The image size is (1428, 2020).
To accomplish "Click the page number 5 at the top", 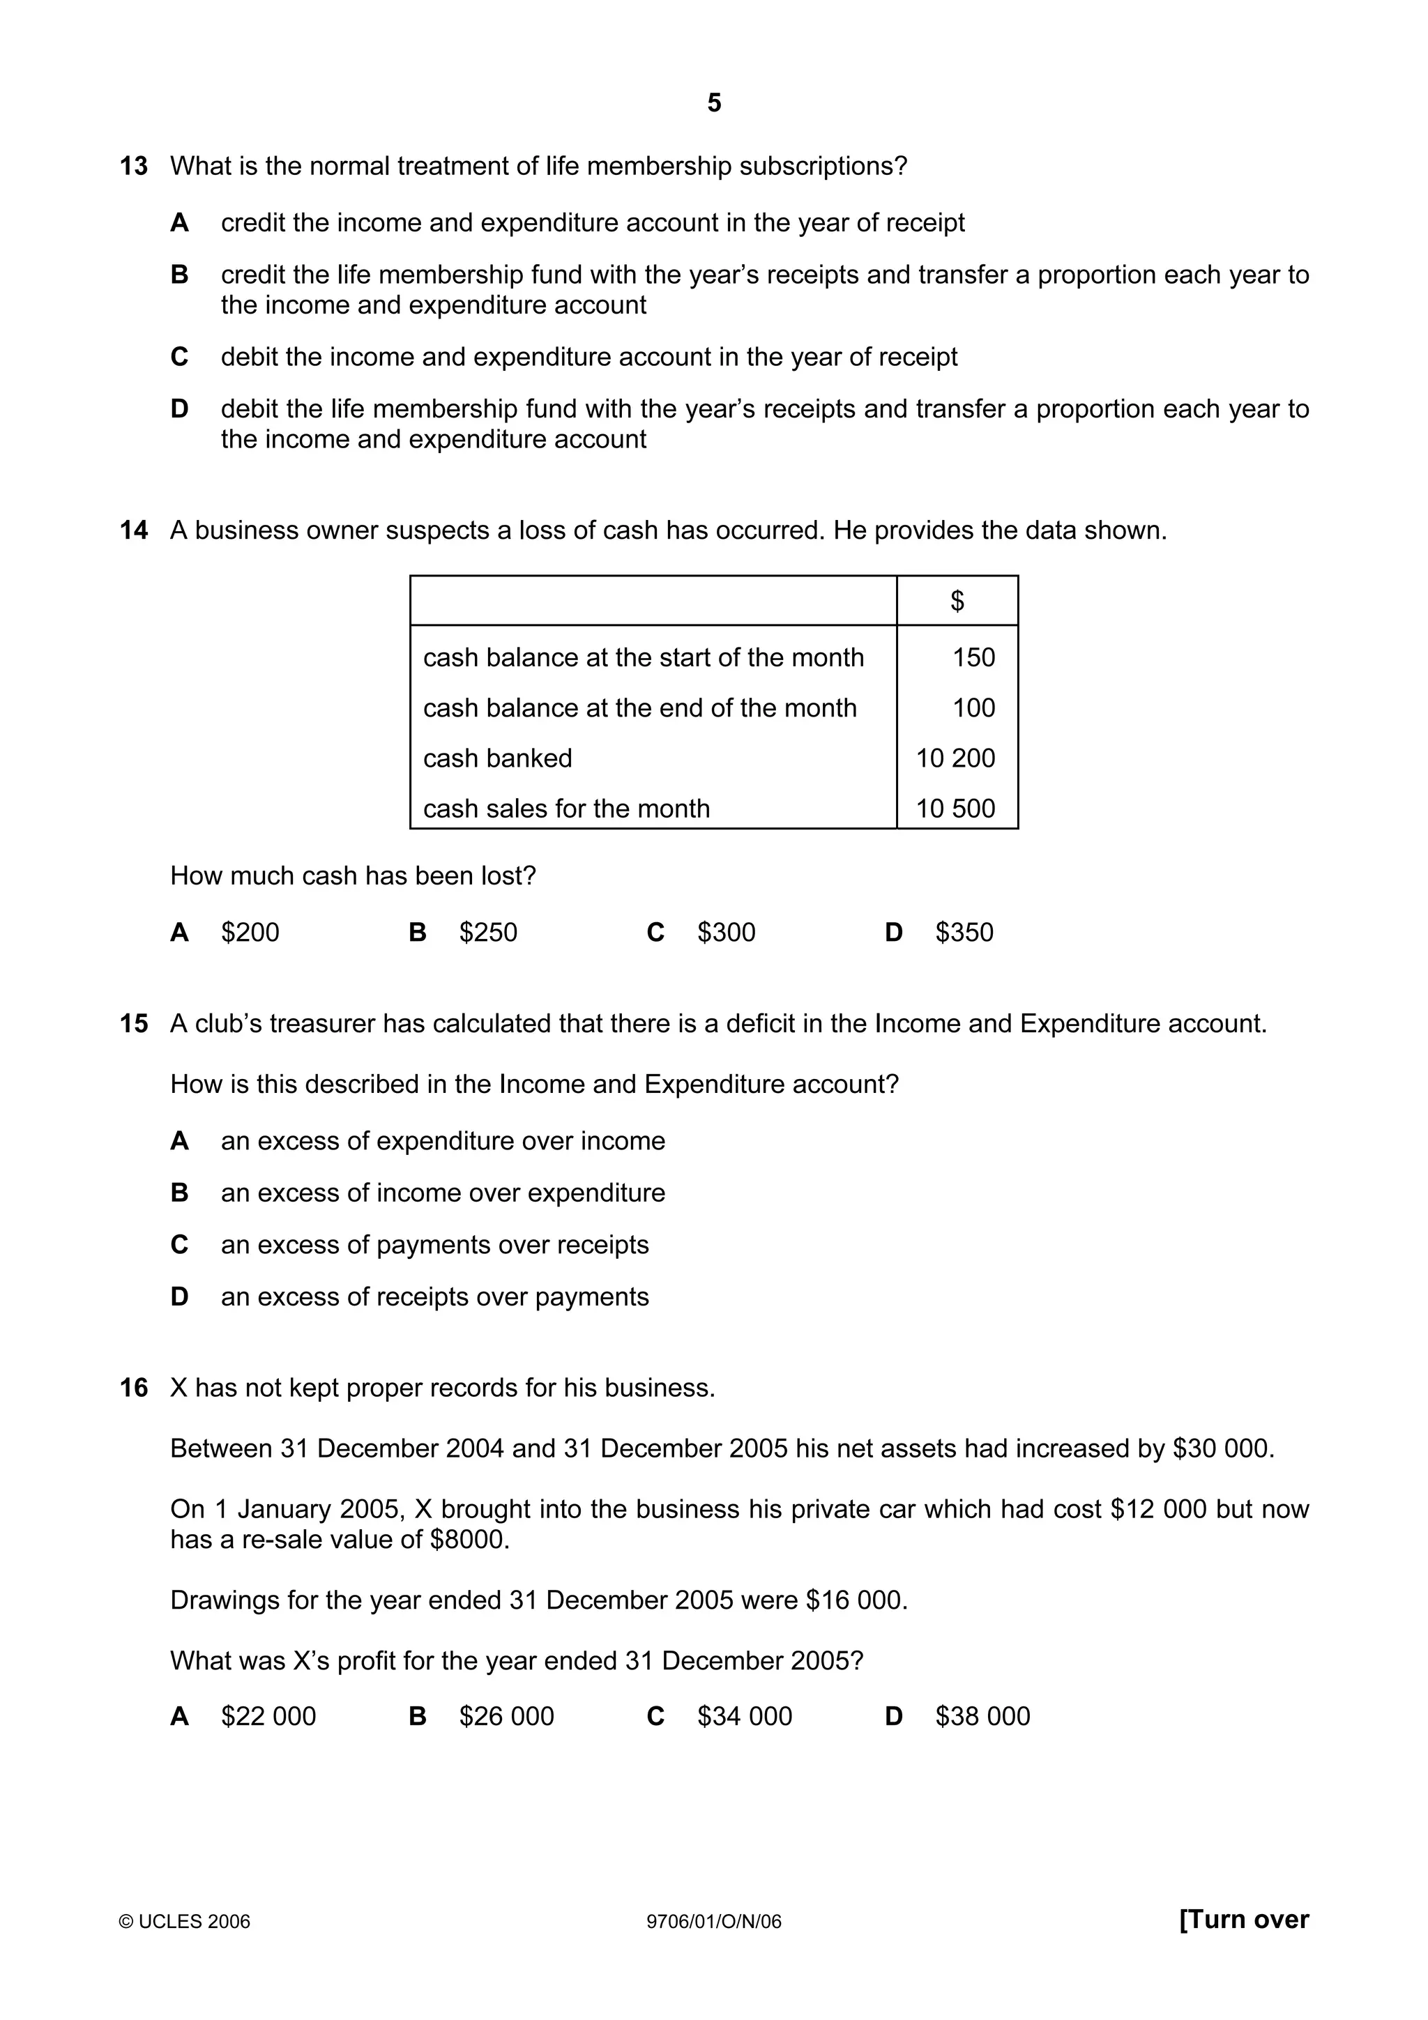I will coord(713,103).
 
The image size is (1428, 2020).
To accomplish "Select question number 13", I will coord(134,167).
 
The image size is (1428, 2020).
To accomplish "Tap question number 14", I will coord(134,530).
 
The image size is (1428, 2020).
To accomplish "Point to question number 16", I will coord(134,1387).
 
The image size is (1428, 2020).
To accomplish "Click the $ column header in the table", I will coord(957,601).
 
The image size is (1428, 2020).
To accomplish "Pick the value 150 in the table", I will coord(973,657).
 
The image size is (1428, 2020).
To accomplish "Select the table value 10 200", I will coord(955,758).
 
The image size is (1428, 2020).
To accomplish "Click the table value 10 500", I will coord(955,809).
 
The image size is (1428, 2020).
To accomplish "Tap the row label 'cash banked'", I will coord(497,758).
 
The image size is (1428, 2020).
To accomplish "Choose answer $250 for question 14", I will coord(487,932).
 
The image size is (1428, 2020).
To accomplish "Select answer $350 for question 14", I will coord(964,932).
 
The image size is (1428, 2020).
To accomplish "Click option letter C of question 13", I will coord(179,357).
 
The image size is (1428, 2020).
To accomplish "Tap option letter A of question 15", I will coord(179,1141).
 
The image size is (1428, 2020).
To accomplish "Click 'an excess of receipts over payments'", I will coord(434,1296).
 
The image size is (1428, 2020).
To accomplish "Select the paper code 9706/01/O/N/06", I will coord(713,1922).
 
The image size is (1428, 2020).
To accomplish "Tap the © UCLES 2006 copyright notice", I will coord(185,1922).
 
